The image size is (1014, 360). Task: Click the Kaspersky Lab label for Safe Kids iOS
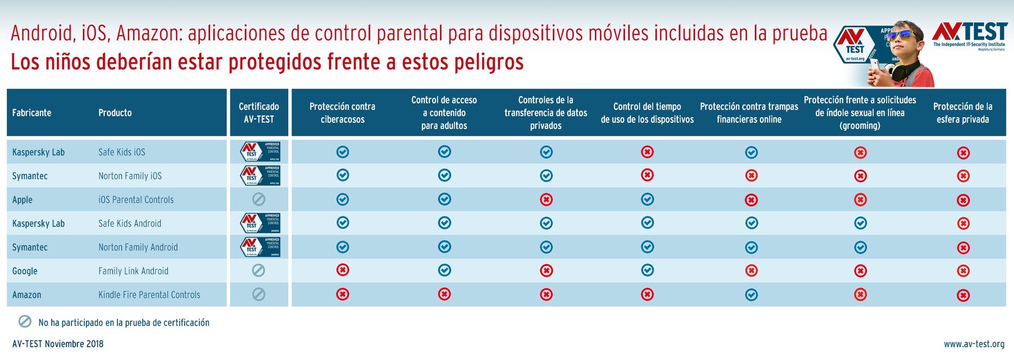point(38,152)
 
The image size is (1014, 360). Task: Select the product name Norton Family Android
point(138,247)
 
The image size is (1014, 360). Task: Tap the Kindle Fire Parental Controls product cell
point(149,295)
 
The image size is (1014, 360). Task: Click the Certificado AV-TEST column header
point(259,113)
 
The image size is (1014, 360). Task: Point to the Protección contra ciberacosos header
point(343,113)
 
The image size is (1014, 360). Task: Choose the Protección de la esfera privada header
point(962,113)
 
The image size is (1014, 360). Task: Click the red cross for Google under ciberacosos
point(343,270)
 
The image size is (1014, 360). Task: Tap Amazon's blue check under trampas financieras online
point(751,295)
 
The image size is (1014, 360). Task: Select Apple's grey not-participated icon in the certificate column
point(259,199)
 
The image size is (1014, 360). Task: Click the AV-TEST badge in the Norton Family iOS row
point(260,176)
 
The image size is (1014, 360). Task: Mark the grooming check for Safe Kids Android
point(860,223)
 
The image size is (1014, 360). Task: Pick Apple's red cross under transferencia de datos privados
point(546,199)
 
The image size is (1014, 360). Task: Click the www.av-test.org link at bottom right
point(974,344)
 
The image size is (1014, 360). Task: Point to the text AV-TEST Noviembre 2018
point(58,344)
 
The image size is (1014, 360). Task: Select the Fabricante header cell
point(32,113)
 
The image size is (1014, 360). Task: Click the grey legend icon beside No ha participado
point(25,322)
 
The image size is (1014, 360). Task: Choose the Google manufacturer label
point(25,271)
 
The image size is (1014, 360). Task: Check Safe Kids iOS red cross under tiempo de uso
point(647,152)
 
